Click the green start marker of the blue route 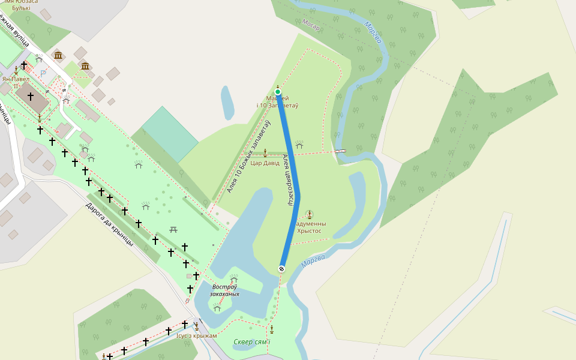tap(278, 92)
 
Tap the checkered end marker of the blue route tap(281, 268)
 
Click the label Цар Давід tap(265, 163)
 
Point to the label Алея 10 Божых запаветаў tap(248, 157)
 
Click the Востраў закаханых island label tap(225, 290)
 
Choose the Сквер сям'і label tap(252, 343)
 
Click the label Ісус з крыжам tap(196, 335)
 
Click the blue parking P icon tap(43, 73)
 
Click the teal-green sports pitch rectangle tap(170, 134)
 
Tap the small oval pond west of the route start tap(227, 103)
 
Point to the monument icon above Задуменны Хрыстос tap(309, 214)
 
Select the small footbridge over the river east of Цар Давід tap(340, 151)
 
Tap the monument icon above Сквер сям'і tap(272, 329)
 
